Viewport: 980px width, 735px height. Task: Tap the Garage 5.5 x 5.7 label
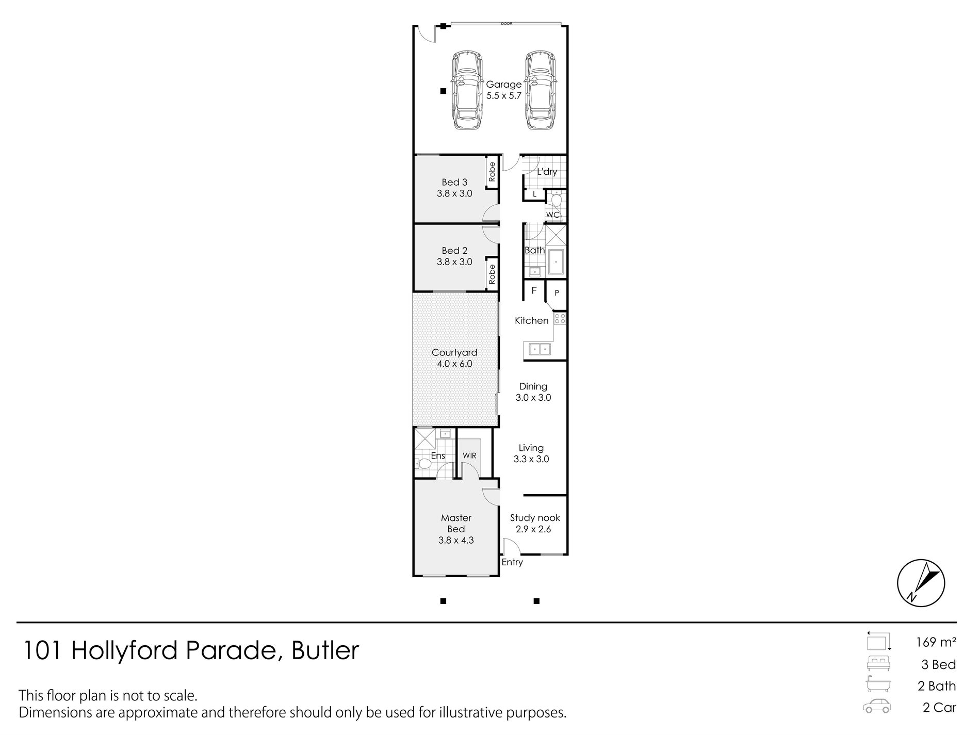(504, 90)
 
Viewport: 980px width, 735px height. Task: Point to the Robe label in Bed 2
(492, 274)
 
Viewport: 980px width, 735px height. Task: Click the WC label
(552, 215)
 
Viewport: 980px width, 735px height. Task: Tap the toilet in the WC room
(556, 199)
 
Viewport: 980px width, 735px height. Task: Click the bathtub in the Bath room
(556, 262)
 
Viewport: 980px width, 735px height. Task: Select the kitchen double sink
(538, 349)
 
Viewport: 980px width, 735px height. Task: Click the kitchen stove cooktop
(560, 318)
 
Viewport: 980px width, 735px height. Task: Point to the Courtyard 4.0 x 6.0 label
(454, 358)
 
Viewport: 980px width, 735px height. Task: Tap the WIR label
(469, 456)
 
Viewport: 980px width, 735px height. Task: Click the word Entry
(512, 562)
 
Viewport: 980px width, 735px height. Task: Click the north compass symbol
(921, 583)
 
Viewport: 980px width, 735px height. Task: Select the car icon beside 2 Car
(876, 707)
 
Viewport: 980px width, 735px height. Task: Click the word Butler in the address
(325, 651)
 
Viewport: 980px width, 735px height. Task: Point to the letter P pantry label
(557, 293)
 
